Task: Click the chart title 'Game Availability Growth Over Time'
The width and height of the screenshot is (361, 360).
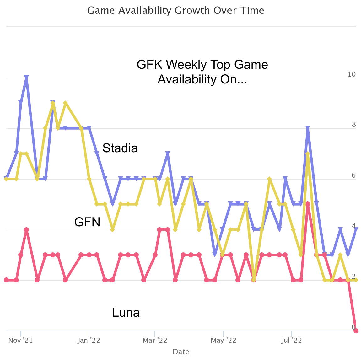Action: coord(175,10)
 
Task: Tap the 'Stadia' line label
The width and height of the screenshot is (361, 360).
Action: coord(120,148)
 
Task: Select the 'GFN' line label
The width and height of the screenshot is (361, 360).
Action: coord(87,222)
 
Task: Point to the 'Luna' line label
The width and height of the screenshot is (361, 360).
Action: coord(126,313)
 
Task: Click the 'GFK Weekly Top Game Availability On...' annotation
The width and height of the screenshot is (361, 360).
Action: coord(202,72)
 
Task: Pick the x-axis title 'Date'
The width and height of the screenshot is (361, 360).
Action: coord(181,352)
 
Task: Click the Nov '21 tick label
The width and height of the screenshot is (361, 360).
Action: coord(20,341)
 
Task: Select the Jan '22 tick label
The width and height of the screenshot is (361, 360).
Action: coord(89,341)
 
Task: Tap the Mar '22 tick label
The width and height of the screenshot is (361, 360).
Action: coord(155,341)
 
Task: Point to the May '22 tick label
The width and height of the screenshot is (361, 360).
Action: coord(223,341)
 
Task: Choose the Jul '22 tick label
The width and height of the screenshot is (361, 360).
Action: coord(292,341)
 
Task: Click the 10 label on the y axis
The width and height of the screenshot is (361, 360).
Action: coord(352,74)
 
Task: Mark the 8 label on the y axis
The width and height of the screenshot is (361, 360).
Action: coord(354,125)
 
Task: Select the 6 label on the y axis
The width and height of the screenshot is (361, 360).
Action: coord(354,175)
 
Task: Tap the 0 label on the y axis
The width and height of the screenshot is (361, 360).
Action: coord(354,327)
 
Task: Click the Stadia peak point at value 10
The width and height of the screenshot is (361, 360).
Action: coord(26,78)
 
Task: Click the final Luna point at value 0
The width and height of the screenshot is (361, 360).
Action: coord(356,330)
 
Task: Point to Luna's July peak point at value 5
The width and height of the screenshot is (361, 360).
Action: coord(308,204)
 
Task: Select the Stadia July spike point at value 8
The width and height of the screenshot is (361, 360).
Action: coord(308,128)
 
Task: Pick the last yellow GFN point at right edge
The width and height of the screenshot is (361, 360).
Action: coord(356,280)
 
